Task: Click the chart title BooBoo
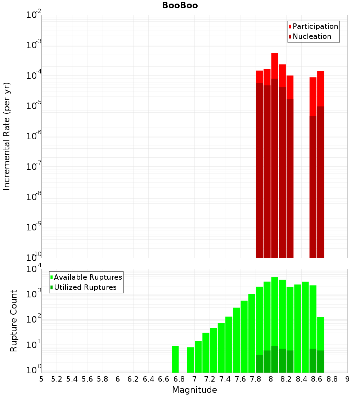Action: (180, 5)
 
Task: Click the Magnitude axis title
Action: (194, 390)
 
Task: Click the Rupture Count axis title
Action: (14, 321)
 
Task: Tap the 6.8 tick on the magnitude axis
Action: (179, 379)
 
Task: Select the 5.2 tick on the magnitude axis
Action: (57, 379)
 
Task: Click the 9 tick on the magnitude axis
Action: (347, 379)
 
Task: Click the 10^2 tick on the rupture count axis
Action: (34, 320)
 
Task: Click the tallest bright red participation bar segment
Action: (275, 66)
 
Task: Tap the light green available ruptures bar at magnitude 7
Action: (198, 357)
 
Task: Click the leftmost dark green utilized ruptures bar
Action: (259, 364)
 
